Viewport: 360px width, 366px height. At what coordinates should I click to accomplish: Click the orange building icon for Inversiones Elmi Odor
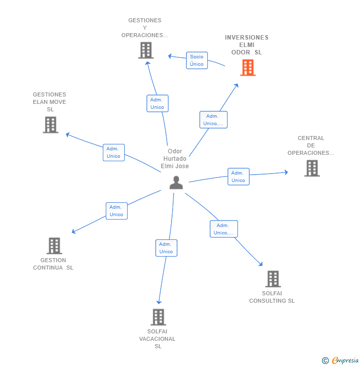point(248,68)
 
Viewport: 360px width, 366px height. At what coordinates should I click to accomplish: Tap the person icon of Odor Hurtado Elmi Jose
point(176,183)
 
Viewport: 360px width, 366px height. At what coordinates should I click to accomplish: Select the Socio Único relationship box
point(197,60)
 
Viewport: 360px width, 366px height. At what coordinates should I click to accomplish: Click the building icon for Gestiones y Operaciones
point(146,50)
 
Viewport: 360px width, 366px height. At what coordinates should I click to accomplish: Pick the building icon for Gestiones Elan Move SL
point(50,125)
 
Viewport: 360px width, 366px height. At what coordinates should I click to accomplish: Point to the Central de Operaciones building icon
point(312,168)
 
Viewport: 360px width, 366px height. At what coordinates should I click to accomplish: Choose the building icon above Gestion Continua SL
point(54,246)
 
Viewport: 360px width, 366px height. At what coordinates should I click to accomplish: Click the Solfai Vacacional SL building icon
point(158,317)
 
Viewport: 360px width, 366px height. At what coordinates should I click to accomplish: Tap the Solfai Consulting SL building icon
point(272,279)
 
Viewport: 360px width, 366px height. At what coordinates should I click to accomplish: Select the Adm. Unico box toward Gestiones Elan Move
point(114,152)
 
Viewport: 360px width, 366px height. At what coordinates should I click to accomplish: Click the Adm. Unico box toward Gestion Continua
point(117,211)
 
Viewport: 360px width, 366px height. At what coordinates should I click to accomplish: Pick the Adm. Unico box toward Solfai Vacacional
point(166,248)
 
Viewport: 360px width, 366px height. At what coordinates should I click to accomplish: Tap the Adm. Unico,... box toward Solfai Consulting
point(224,229)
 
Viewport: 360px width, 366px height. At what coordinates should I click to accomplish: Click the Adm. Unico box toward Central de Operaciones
point(238,177)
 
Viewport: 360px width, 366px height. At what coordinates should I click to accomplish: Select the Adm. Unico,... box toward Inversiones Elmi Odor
point(213,120)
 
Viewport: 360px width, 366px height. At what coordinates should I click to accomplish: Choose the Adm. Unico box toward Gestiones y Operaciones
point(157,103)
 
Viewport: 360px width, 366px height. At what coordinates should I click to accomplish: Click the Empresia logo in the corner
point(345,360)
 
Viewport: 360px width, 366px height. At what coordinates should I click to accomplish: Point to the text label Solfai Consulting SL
point(271,297)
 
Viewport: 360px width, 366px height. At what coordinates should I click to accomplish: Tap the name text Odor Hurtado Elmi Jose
point(175,159)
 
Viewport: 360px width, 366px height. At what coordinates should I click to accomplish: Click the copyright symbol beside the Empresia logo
point(325,361)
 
